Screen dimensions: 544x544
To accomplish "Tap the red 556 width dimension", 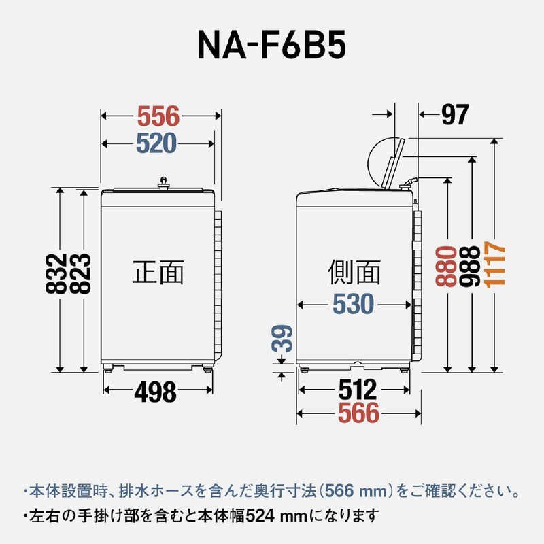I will [158, 117].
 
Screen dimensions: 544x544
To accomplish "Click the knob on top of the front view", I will [163, 182].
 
